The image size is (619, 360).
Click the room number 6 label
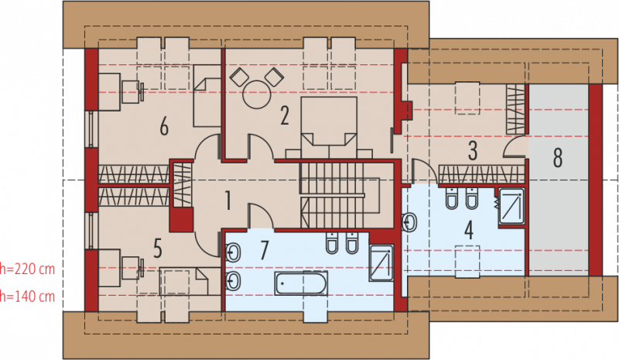(x=164, y=126)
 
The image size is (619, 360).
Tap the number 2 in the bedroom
(x=285, y=115)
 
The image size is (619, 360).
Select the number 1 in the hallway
(x=227, y=200)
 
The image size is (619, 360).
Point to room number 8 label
(x=557, y=158)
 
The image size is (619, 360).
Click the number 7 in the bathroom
(x=264, y=249)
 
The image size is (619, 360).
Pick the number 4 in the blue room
(x=469, y=231)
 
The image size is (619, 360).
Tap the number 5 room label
(x=158, y=249)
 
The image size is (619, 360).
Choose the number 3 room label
(x=473, y=151)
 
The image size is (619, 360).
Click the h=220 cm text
(x=27, y=269)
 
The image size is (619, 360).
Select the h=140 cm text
(x=27, y=296)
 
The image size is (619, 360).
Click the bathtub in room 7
(x=301, y=283)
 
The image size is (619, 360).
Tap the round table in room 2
(x=257, y=94)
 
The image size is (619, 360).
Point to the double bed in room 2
(x=329, y=127)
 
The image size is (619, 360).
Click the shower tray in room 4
(x=511, y=206)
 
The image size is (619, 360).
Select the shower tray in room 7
(x=381, y=263)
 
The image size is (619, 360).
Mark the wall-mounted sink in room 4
(x=409, y=222)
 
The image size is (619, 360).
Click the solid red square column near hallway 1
(x=181, y=220)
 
